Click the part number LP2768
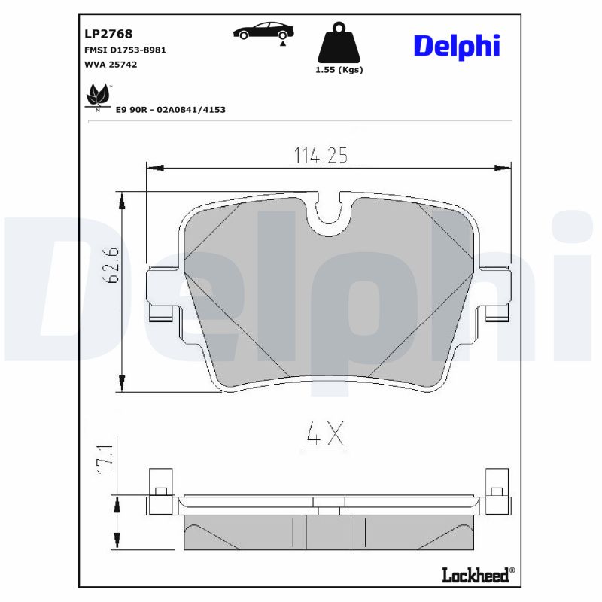click(109, 33)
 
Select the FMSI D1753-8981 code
click(125, 50)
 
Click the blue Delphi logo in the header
click(456, 46)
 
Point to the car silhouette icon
click(263, 31)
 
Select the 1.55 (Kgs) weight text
click(339, 70)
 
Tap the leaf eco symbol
click(97, 96)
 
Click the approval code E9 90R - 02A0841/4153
click(170, 110)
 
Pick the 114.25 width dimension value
click(320, 155)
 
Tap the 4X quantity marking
click(324, 434)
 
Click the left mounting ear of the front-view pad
click(162, 292)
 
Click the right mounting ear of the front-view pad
click(496, 292)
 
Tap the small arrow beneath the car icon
click(283, 45)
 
